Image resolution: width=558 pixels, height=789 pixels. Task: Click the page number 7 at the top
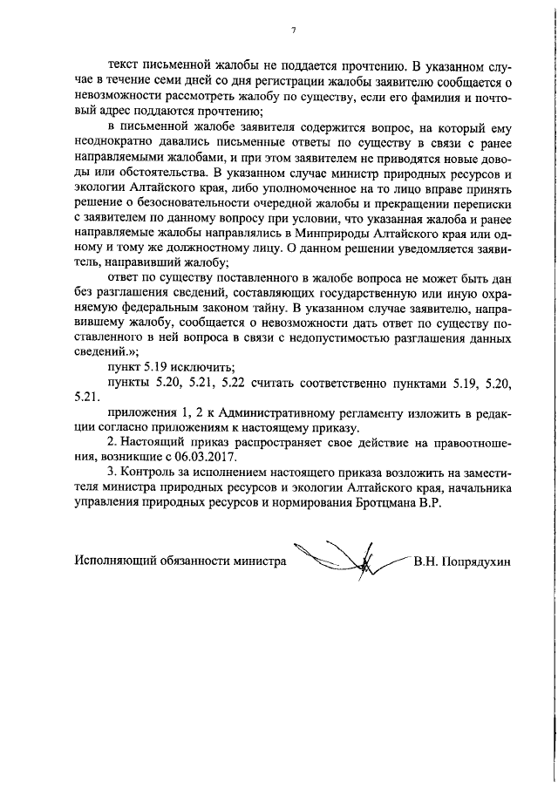tap(293, 31)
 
